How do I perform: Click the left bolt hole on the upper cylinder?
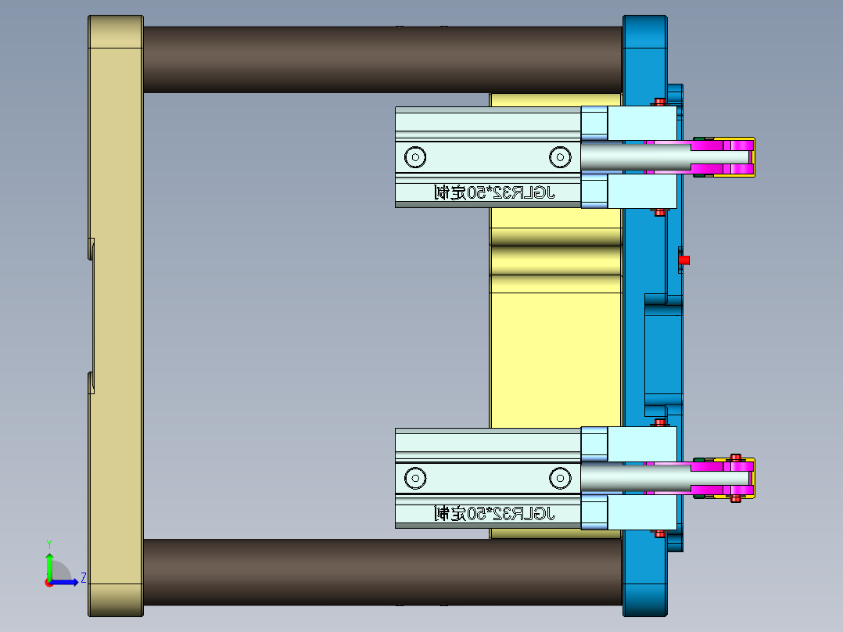(x=415, y=157)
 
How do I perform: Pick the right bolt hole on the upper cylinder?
(x=559, y=157)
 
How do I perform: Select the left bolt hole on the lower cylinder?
(x=415, y=477)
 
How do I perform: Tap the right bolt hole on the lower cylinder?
(x=559, y=477)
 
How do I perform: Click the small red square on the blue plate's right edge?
(x=683, y=260)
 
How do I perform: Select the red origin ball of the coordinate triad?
(x=48, y=582)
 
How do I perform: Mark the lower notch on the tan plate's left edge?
(x=91, y=382)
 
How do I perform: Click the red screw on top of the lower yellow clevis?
(x=735, y=457)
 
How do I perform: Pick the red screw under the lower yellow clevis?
(x=735, y=497)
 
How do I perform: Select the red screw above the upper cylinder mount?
(x=660, y=102)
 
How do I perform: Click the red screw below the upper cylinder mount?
(x=660, y=211)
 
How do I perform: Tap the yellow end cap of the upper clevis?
(x=752, y=156)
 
